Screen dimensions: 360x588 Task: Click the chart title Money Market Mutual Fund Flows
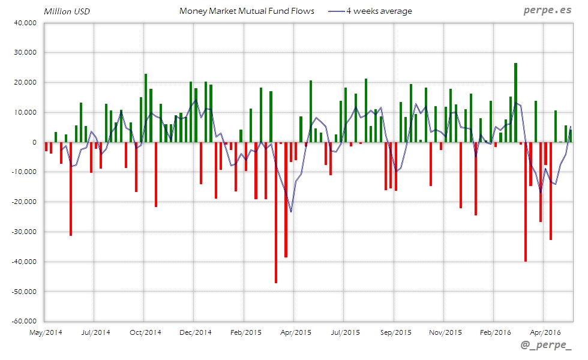(x=247, y=11)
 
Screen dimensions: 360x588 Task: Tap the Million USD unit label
(x=67, y=11)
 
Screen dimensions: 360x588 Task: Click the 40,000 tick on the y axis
(x=25, y=23)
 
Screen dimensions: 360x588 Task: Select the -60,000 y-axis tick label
(x=24, y=321)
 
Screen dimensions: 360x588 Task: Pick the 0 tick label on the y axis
(x=34, y=142)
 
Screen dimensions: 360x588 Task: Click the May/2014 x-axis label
(x=46, y=332)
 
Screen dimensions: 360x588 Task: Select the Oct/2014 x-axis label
(x=145, y=332)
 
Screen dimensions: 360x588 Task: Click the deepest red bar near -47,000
(x=276, y=212)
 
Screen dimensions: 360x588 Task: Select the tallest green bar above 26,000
(x=515, y=103)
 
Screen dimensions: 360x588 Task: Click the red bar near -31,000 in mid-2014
(x=71, y=188)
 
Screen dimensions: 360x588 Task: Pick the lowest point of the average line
(x=291, y=212)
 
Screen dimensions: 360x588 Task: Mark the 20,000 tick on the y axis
(x=25, y=82)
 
